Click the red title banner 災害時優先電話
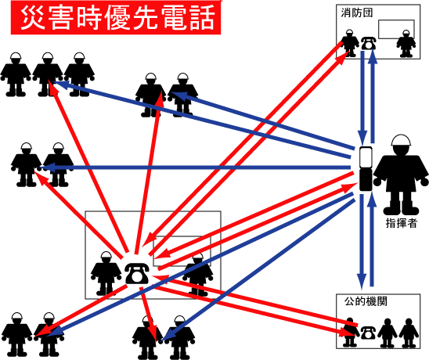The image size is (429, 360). [x=116, y=17]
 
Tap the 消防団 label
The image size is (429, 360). [x=357, y=13]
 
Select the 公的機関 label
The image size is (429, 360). [x=366, y=301]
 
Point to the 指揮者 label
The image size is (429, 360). [x=402, y=223]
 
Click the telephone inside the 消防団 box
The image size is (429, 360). [x=369, y=43]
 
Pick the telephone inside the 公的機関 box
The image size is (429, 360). [x=368, y=333]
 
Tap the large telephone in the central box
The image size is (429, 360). [x=137, y=273]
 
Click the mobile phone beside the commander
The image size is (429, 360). [x=366, y=169]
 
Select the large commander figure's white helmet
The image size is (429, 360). [x=401, y=140]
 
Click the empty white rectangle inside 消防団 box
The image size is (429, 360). [x=396, y=29]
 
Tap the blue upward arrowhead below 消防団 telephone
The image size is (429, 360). [x=373, y=56]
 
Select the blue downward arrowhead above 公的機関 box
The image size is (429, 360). [x=362, y=280]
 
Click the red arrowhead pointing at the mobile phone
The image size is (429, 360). [x=350, y=188]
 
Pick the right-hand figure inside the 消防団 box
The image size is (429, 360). [x=406, y=44]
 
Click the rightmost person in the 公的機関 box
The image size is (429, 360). [x=409, y=333]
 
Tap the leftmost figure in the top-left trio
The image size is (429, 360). [x=16, y=74]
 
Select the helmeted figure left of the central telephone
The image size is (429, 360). [x=106, y=274]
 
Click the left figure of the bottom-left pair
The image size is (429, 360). [x=17, y=334]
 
